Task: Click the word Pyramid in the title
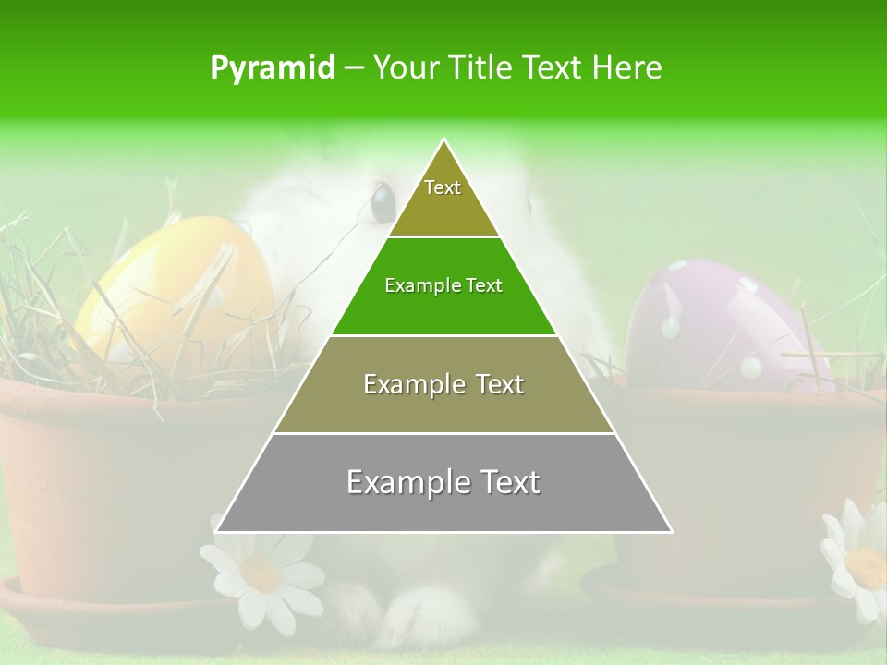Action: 273,68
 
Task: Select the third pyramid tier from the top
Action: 443,384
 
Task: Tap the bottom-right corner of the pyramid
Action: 671,531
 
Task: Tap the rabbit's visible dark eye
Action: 382,200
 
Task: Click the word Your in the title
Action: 402,67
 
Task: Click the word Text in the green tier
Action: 483,286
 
